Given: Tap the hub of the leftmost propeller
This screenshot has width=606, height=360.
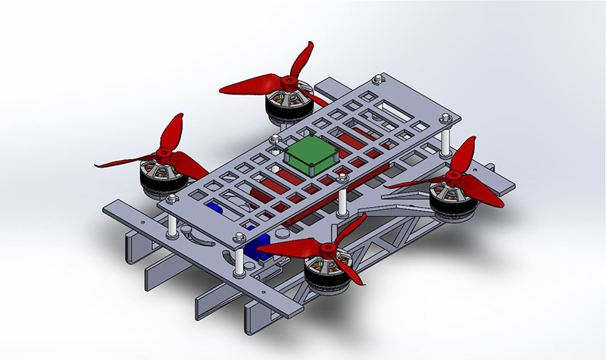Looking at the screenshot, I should click(x=161, y=155).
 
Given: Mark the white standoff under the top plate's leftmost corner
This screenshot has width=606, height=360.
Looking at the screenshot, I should click(x=173, y=224).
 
